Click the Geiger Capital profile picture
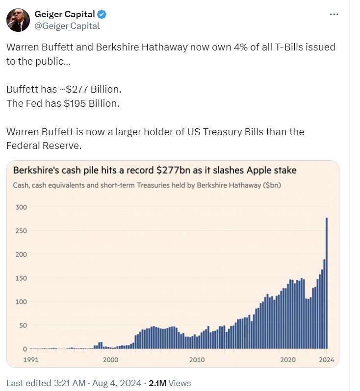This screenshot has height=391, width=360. pyautogui.click(x=18, y=20)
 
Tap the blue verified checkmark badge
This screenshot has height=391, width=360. pyautogui.click(x=102, y=15)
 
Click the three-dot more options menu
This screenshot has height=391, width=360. pyautogui.click(x=334, y=15)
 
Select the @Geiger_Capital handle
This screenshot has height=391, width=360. pyautogui.click(x=67, y=26)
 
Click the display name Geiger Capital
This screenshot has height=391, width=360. pyautogui.click(x=65, y=14)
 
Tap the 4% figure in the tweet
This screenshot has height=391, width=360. pyautogui.click(x=240, y=47)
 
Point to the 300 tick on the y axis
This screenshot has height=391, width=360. pyautogui.click(x=21, y=207)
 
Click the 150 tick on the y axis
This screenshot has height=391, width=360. pyautogui.click(x=21, y=278)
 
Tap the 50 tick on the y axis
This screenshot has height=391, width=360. pyautogui.click(x=23, y=325)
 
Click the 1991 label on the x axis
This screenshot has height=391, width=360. pyautogui.click(x=31, y=360)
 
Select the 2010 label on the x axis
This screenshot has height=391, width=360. pyautogui.click(x=197, y=360)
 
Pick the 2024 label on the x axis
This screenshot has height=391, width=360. pyautogui.click(x=326, y=360)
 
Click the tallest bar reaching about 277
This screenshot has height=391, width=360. pyautogui.click(x=327, y=283)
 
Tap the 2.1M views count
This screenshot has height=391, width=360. pyautogui.click(x=157, y=383)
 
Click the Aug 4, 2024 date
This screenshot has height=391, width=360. pyautogui.click(x=117, y=383)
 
